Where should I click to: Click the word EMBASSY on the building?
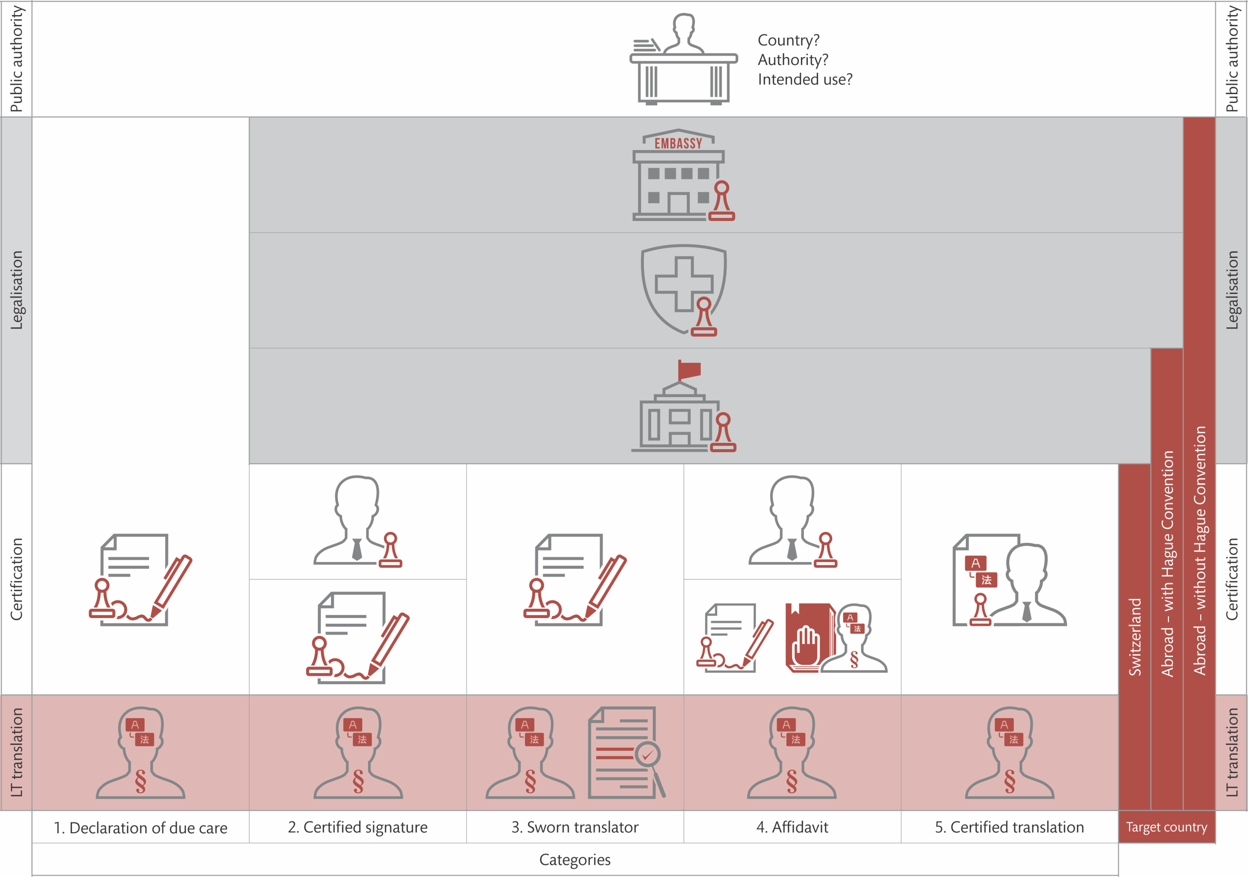[678, 143]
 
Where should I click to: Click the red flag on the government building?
[689, 370]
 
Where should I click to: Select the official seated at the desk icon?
[683, 60]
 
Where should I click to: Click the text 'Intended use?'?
[805, 80]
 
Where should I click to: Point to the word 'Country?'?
[788, 40]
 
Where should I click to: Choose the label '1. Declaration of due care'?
[140, 828]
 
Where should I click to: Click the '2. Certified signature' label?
[358, 827]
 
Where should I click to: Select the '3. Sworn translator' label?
[575, 827]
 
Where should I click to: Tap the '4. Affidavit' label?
[792, 827]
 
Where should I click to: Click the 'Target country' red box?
[1167, 827]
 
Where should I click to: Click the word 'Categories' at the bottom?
[575, 859]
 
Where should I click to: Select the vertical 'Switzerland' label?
[1135, 637]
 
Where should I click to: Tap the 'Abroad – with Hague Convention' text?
[1167, 563]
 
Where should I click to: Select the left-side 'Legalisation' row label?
[16, 290]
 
